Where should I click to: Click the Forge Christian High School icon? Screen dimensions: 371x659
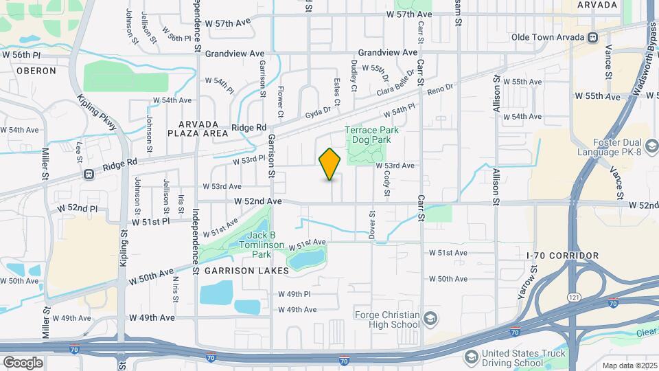point(430,319)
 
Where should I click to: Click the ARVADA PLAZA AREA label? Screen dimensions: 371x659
point(203,128)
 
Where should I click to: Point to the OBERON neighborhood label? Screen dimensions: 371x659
point(32,70)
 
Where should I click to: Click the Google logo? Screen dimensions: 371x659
point(23,362)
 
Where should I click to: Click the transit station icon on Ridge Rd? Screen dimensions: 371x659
point(89,175)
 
